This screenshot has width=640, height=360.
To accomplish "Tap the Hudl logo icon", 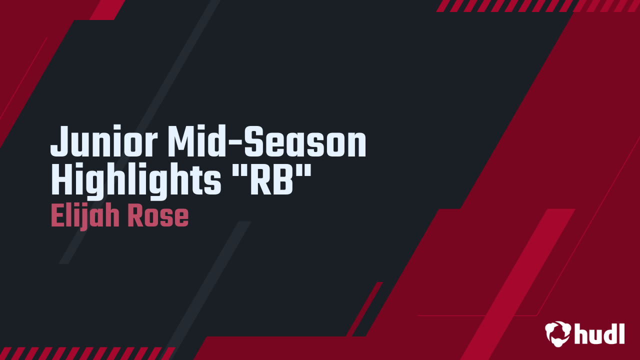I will point(557,333).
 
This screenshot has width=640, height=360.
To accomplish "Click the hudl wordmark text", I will point(599,332).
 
